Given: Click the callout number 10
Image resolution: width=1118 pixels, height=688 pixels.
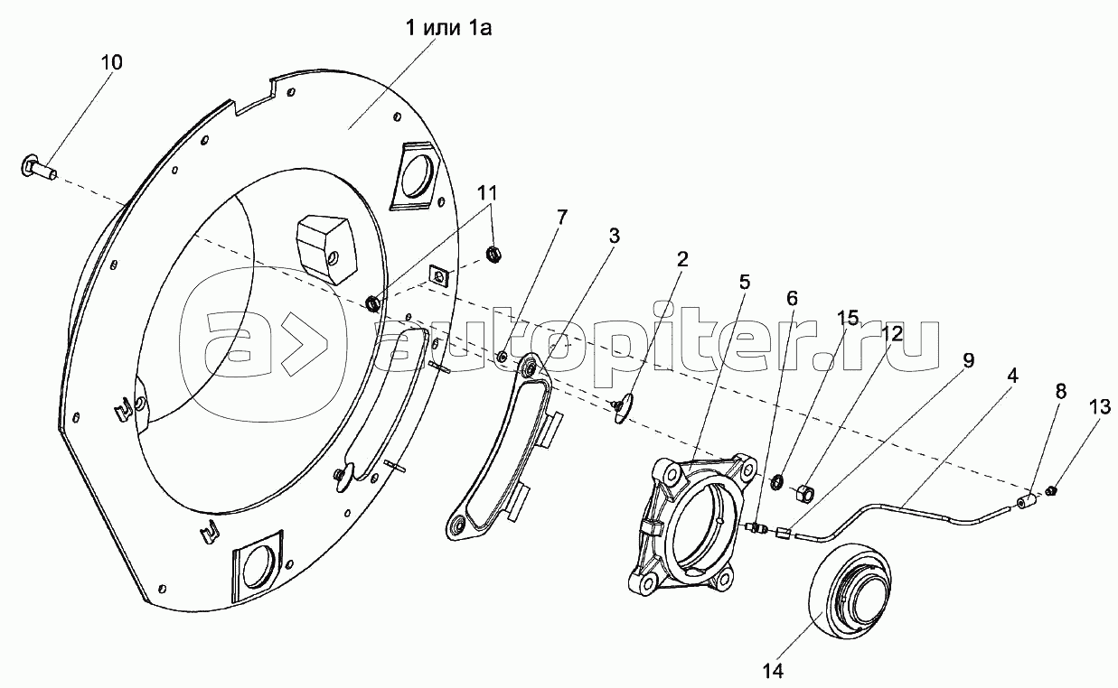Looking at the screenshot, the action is coord(113,62).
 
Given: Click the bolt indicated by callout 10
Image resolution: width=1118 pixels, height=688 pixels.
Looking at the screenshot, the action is coord(38,167).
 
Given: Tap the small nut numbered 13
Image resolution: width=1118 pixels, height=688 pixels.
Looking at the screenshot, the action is coord(1052,490).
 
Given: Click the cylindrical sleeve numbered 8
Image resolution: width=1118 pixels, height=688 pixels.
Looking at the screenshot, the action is coord(1026,502).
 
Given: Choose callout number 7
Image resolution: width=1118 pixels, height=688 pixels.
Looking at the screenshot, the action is coord(561,218).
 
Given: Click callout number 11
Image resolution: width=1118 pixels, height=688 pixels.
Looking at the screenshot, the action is coord(488,192).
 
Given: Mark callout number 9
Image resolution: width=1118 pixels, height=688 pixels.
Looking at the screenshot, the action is coord(968,361).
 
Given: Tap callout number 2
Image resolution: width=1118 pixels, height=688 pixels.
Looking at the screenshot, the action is coord(681,260).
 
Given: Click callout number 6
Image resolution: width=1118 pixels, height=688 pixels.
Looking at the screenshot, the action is coord(792,297).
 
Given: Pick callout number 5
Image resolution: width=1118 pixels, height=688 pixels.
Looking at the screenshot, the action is coord(744,281).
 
